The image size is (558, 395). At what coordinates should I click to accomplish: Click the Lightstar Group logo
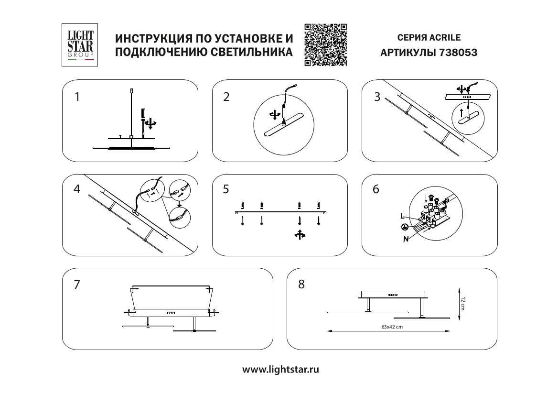(x=80, y=45)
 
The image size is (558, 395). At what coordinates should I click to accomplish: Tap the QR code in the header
(x=326, y=45)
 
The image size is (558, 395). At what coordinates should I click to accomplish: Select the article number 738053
(x=458, y=53)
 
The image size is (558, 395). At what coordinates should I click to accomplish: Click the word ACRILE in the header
(x=445, y=37)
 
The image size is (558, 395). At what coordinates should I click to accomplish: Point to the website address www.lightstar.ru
(x=281, y=370)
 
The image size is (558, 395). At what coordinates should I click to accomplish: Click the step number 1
(x=77, y=97)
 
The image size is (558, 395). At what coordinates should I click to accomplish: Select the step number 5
(x=226, y=189)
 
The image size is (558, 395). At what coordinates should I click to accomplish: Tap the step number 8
(x=301, y=284)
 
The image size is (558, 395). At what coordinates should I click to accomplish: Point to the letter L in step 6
(x=402, y=216)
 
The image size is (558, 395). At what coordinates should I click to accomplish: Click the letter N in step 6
(x=406, y=240)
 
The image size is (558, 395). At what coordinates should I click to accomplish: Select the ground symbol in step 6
(x=404, y=227)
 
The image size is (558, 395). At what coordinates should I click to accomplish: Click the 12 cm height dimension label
(x=462, y=303)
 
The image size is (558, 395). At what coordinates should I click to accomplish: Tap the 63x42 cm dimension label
(x=392, y=327)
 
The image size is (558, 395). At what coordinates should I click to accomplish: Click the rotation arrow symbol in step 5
(x=300, y=234)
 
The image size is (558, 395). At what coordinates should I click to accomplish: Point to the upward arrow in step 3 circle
(x=461, y=113)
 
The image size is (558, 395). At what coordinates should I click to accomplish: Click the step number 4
(x=77, y=189)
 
